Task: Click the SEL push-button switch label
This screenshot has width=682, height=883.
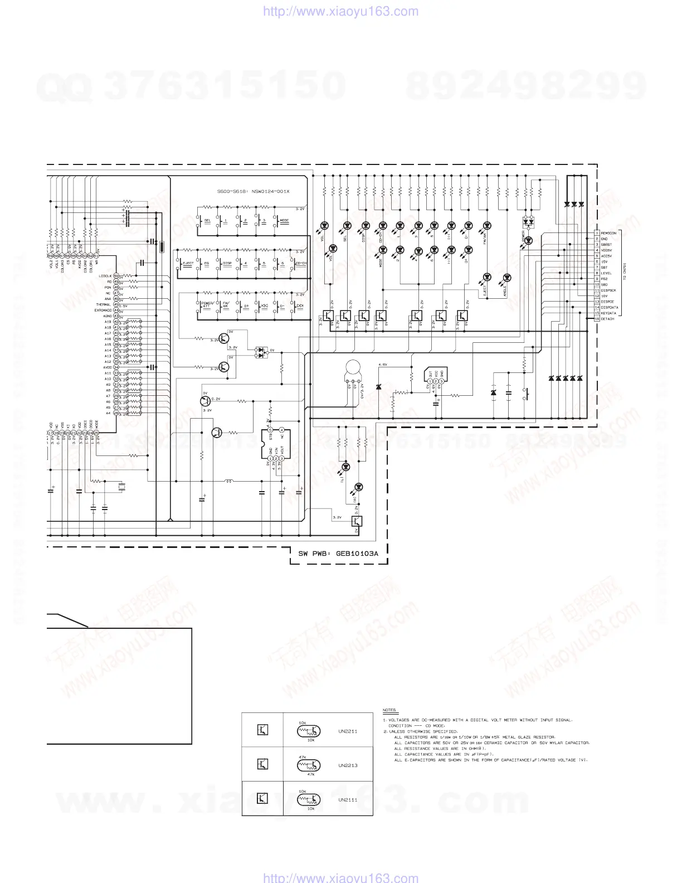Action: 207,221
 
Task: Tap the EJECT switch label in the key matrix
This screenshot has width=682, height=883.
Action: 188,263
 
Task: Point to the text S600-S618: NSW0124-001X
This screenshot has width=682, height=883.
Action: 254,191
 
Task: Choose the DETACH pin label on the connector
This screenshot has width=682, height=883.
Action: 607,319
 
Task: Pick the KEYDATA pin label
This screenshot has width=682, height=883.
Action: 608,313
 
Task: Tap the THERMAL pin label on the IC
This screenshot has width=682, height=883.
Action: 104,305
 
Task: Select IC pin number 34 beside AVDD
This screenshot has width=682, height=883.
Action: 116,367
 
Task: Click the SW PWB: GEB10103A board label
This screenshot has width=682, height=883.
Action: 338,554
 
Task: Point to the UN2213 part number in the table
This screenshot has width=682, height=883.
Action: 348,765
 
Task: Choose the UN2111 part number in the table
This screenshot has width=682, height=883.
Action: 348,800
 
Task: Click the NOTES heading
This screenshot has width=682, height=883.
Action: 389,710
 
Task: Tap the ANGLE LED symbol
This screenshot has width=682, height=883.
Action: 506,277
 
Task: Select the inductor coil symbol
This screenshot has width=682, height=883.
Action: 229,481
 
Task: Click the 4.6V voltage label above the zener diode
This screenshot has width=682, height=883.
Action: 383,365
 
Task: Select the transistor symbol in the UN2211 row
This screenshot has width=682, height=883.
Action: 262,730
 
